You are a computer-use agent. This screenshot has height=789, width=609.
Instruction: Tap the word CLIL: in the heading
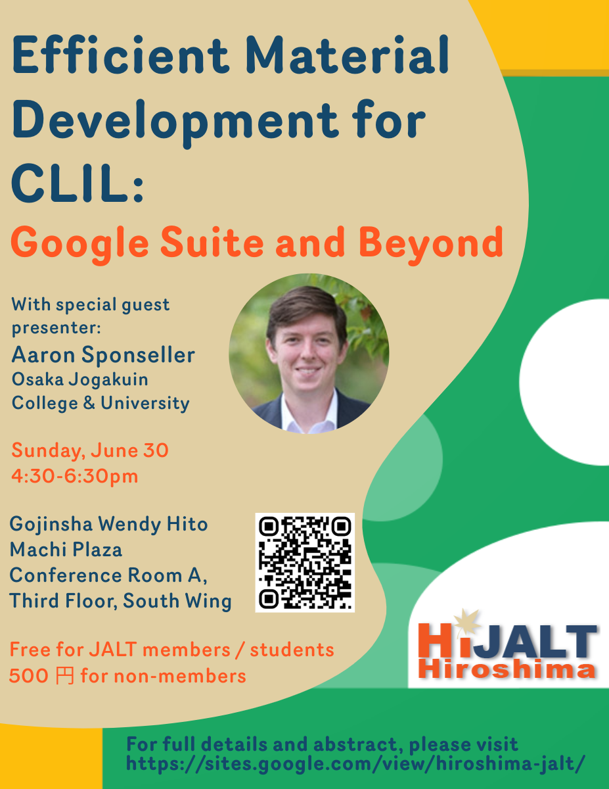tap(78, 183)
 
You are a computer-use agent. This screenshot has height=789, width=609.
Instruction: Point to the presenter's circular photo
tap(309, 353)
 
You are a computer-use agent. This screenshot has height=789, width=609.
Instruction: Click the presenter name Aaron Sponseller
tap(103, 355)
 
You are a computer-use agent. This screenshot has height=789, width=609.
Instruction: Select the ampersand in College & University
tap(89, 403)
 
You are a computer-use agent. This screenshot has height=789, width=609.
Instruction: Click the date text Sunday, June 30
tap(90, 450)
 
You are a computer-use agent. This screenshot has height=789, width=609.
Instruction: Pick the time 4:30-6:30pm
tap(75, 476)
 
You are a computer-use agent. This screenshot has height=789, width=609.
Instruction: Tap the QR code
tap(305, 562)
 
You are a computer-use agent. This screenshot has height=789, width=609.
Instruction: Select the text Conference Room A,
tap(108, 575)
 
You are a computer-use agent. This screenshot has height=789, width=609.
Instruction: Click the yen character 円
tap(65, 676)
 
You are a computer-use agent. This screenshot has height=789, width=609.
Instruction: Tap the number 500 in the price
tap(29, 676)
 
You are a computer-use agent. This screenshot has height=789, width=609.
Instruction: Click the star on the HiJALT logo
tap(467, 623)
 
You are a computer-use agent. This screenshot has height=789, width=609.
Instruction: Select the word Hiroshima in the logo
tap(507, 669)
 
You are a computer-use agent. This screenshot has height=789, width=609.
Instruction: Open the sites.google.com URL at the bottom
tap(355, 763)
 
